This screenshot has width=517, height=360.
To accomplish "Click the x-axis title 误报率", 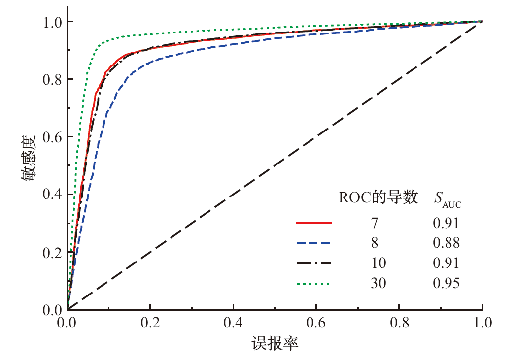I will pyautogui.click(x=275, y=343).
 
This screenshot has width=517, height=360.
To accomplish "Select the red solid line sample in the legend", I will pyautogui.click(x=313, y=223).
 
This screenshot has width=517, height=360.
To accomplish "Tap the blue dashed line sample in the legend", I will pyautogui.click(x=313, y=243).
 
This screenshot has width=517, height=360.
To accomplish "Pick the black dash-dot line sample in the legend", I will pyautogui.click(x=313, y=263).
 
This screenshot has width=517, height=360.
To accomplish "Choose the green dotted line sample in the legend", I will pyautogui.click(x=313, y=283).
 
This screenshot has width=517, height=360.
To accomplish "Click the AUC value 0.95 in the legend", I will pyautogui.click(x=446, y=283).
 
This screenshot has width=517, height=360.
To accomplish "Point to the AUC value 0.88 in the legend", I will pyautogui.click(x=446, y=243).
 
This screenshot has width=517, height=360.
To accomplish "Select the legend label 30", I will pyautogui.click(x=379, y=283).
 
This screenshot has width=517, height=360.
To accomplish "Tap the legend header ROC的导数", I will pyautogui.click(x=379, y=198).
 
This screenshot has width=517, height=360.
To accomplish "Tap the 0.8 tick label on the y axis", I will pyautogui.click(x=52, y=79).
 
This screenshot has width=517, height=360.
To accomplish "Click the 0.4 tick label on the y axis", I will pyautogui.click(x=52, y=194).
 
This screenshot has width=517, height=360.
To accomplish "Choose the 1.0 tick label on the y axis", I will pyautogui.click(x=52, y=22).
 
